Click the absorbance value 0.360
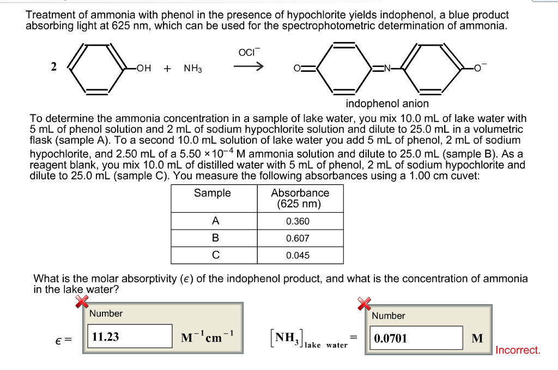(298, 221)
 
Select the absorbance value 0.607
(298, 238)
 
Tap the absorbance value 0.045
(298, 255)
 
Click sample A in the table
(215, 221)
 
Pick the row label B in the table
(215, 238)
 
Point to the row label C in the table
(215, 255)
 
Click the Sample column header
(213, 193)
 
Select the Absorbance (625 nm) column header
(300, 199)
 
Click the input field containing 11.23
(130, 337)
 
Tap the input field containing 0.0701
(416, 338)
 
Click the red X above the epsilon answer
(82, 300)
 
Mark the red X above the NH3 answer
(364, 304)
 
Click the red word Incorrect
(518, 350)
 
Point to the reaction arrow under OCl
(250, 68)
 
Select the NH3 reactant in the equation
(193, 69)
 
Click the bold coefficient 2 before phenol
(53, 67)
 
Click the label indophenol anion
(387, 103)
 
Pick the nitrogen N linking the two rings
(387, 69)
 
